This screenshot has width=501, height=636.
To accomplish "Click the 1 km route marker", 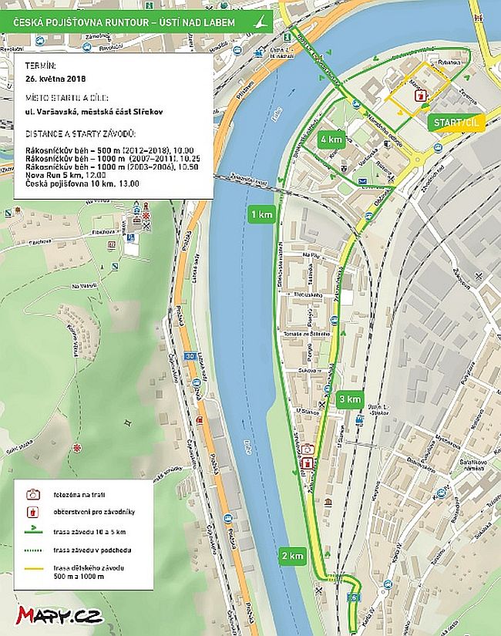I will click(x=260, y=214).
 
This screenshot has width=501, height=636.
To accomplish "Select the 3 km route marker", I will click(x=349, y=399).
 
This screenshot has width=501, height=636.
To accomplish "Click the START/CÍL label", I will click(x=457, y=123).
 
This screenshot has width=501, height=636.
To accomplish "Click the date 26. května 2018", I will click(x=53, y=79).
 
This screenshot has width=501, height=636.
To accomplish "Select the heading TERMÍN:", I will click(x=40, y=66).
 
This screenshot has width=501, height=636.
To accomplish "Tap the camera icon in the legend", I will click(x=33, y=494).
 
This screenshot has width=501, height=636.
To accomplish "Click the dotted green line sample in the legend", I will click(x=33, y=550).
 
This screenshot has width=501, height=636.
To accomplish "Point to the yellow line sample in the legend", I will click(x=33, y=570).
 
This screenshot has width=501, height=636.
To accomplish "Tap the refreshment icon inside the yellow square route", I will click(x=419, y=95).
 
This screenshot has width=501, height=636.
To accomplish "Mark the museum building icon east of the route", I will click(x=328, y=503).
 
